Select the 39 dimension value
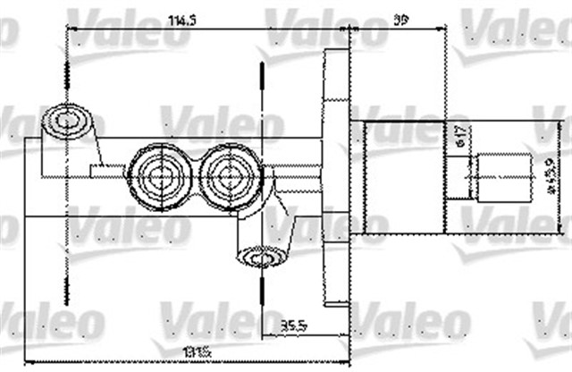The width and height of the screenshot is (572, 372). [x=399, y=18]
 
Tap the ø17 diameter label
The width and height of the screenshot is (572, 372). [x=458, y=135]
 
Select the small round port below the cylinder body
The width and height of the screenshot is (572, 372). [x=260, y=258]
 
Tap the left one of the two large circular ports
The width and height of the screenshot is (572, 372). [x=160, y=175]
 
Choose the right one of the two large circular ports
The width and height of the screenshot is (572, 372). [x=230, y=175]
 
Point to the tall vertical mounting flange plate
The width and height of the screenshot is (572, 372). [x=335, y=174]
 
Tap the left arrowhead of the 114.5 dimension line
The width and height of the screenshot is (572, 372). [x=71, y=30]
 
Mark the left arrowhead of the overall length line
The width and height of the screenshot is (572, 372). [x=27, y=360]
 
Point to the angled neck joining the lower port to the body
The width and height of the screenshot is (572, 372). [x=282, y=224]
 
